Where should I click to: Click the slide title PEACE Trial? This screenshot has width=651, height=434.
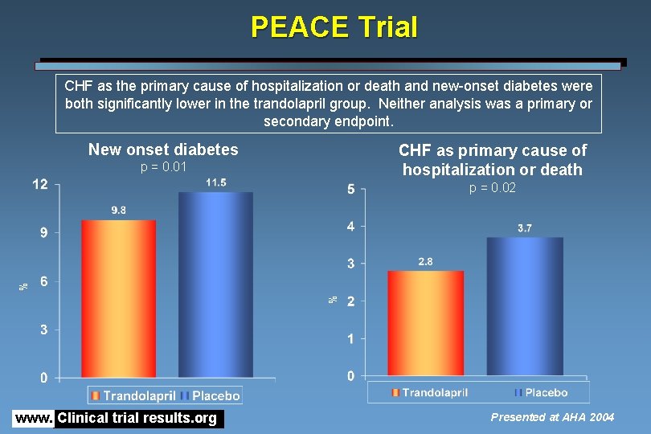click(334, 27)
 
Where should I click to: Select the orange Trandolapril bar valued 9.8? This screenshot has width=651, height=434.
click(118, 297)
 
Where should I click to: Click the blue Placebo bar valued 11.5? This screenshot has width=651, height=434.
click(215, 285)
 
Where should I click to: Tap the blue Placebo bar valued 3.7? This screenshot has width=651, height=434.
click(524, 305)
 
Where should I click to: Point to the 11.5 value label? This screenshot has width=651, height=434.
click(215, 183)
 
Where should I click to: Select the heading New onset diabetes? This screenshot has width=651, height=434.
click(163, 149)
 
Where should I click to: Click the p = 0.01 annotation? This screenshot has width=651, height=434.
click(163, 167)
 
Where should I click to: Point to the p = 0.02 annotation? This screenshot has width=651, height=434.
click(493, 188)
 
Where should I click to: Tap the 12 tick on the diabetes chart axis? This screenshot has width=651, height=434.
click(39, 185)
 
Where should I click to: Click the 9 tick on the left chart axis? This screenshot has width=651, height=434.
click(43, 233)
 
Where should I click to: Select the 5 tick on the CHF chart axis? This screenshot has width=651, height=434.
click(350, 190)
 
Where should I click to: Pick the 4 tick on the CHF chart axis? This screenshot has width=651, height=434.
click(350, 227)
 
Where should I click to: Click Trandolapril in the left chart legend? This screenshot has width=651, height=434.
click(138, 395)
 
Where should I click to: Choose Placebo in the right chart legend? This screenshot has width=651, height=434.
click(546, 393)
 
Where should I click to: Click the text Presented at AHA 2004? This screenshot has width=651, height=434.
click(552, 417)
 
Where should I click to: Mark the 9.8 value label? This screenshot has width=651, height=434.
click(118, 211)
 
